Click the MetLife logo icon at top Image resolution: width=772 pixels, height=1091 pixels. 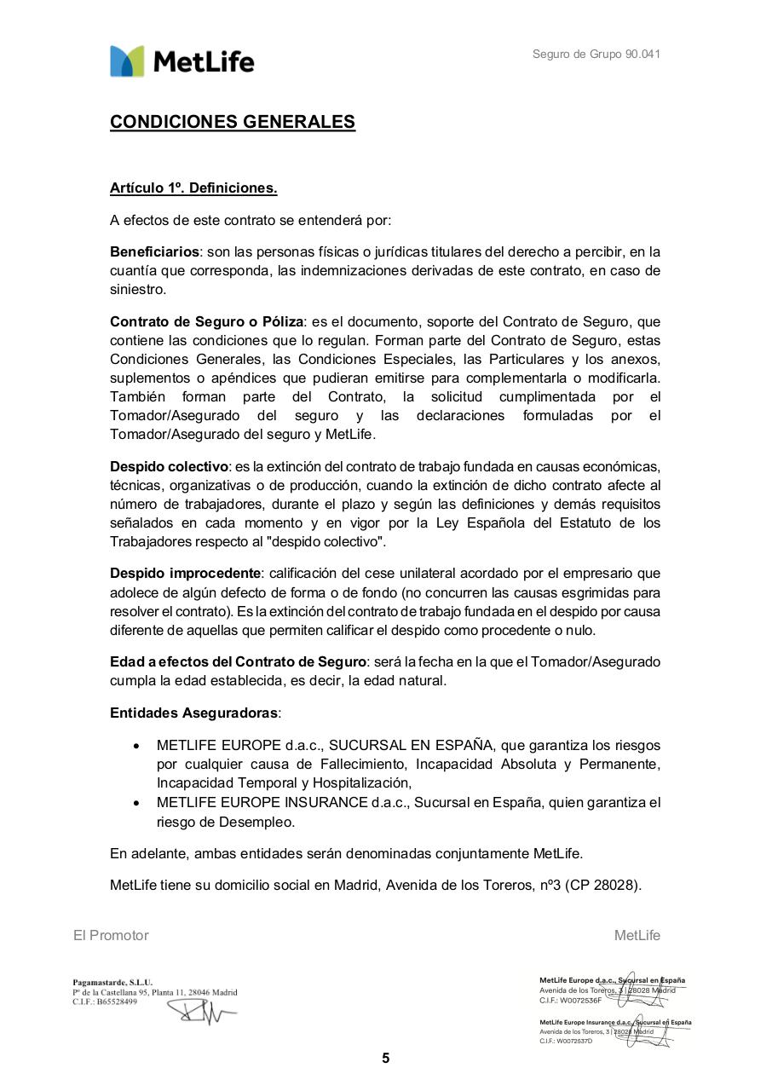point(127,61)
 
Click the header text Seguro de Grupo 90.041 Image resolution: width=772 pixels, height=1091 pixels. point(596,55)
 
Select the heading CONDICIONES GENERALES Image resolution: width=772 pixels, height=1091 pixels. point(232,122)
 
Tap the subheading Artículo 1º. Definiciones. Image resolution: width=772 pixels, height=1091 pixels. point(193,188)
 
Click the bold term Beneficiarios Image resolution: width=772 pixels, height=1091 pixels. point(154,252)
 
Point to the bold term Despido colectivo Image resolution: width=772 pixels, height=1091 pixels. point(169,467)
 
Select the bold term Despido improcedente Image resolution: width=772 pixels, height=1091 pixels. point(185,573)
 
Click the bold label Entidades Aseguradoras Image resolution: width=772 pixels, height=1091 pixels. point(194,713)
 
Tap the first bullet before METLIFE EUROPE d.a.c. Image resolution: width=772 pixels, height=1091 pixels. point(136,746)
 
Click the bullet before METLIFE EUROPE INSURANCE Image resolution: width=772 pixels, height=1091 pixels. point(136,803)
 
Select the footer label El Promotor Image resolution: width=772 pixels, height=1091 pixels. point(111,935)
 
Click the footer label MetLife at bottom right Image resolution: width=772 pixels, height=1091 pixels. point(637,935)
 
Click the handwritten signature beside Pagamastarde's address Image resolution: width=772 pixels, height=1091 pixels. point(200,1012)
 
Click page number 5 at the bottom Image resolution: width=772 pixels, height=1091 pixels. point(385,1059)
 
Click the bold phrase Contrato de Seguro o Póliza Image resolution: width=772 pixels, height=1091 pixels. point(206,322)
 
